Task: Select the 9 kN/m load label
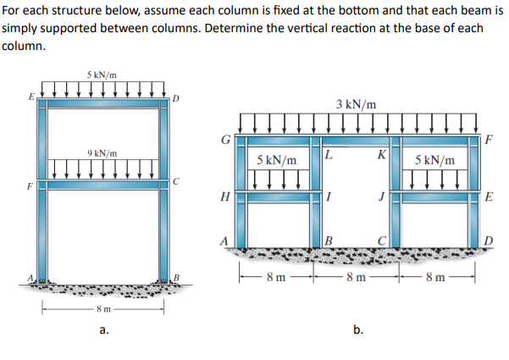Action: (102, 153)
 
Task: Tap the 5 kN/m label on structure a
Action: (102, 75)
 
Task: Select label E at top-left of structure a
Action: (31, 97)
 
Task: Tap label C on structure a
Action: (175, 180)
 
